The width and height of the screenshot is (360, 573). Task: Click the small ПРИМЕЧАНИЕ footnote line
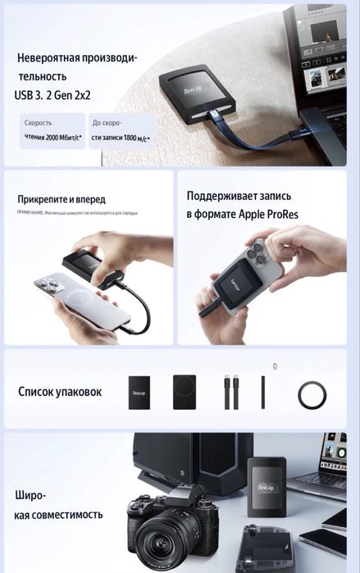pos(77,212)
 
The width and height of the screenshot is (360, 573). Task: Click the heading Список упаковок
pos(60,391)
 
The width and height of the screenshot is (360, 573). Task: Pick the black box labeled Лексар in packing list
pos(141,393)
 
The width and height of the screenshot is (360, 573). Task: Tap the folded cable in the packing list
pos(228,392)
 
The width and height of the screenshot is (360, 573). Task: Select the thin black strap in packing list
pos(263,392)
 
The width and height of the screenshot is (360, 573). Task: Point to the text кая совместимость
pos(58,515)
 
